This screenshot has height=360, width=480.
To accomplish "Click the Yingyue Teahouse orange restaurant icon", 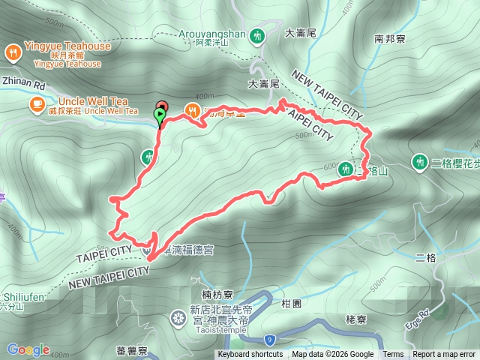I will tap(13, 52).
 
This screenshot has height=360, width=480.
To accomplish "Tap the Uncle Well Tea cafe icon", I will tap(37, 104).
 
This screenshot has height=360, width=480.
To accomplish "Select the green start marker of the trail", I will tap(159, 116).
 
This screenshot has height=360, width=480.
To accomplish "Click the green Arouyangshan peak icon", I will tap(257, 34).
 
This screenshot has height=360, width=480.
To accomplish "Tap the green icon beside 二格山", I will tap(345, 169).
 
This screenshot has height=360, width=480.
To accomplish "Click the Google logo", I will tap(28, 349).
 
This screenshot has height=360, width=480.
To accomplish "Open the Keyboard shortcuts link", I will tap(250, 355).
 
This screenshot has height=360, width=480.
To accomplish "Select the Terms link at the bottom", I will tap(393, 355).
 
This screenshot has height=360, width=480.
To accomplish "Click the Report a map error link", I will tap(444, 355).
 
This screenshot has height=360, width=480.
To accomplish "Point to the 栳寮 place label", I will tap(355, 319).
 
